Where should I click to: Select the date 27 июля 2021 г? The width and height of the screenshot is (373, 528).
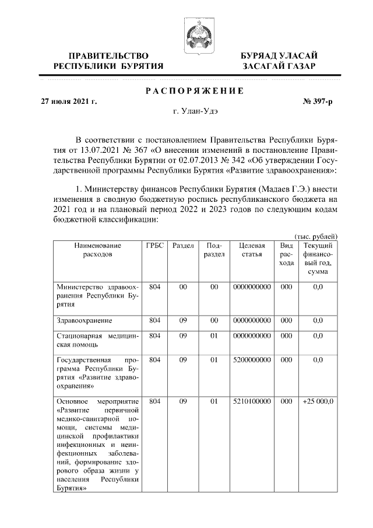[x=68, y=102]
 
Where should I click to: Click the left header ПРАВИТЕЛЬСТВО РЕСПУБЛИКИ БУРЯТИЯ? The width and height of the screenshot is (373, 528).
[x=108, y=61]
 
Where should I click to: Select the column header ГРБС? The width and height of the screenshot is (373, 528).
[x=154, y=246]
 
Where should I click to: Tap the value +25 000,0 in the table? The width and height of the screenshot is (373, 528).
[x=318, y=402]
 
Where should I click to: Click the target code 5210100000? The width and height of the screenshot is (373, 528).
[x=252, y=402]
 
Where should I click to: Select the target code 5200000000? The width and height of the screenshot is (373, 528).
[x=252, y=360]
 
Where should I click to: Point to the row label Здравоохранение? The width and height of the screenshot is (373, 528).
[x=84, y=320]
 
